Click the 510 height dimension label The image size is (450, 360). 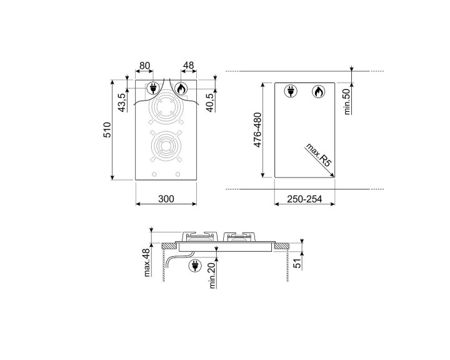click(107, 132)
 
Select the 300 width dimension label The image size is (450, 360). click(166, 199)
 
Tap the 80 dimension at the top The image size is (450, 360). click(144, 65)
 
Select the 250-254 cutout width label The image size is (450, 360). click(304, 199)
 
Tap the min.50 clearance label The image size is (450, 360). click(349, 101)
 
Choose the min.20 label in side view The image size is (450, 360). click(212, 275)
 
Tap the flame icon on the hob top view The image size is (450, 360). click(181, 89)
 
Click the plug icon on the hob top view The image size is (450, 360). click(152, 89)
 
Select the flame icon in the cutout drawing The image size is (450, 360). click(318, 92)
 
